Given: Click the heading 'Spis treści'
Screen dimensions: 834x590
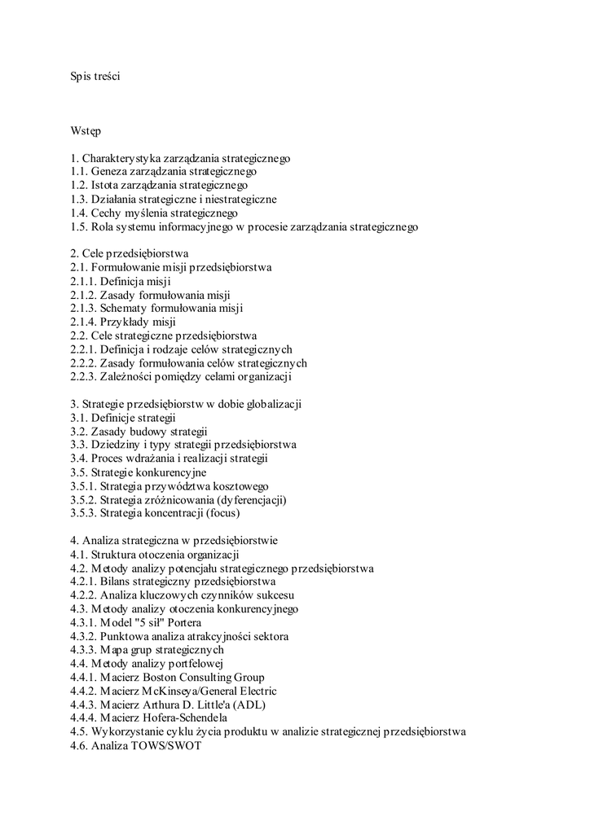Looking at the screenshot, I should [95, 77].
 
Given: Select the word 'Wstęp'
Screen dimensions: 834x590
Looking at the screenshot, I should [86, 130].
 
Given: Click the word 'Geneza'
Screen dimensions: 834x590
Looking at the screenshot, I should [110, 172].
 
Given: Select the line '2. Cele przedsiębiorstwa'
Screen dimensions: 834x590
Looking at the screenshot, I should [130, 253].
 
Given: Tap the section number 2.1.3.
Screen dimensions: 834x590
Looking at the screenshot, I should [84, 309].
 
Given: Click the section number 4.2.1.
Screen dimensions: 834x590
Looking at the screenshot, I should [84, 582].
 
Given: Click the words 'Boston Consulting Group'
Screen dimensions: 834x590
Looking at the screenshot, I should [204, 678].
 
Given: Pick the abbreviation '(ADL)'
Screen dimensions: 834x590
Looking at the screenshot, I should [249, 705].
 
